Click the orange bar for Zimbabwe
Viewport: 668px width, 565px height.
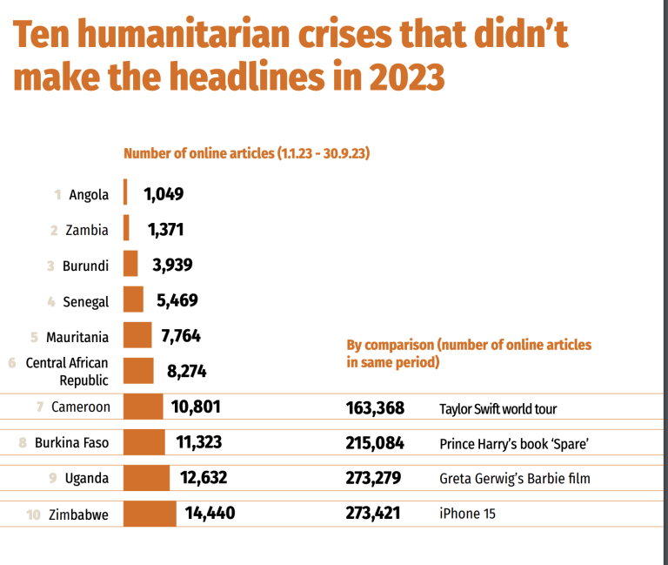(x=150, y=514)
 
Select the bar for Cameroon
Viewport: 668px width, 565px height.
(x=143, y=407)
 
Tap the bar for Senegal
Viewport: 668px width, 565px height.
(x=133, y=300)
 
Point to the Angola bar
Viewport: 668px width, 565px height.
(x=126, y=193)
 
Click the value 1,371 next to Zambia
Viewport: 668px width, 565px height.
(x=165, y=230)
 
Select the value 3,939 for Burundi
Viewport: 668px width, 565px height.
(x=172, y=266)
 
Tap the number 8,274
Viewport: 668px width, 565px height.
(x=186, y=372)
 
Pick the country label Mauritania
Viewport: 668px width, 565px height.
(x=77, y=337)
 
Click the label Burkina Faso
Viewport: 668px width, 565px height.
(x=71, y=443)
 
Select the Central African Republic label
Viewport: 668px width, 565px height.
(x=67, y=372)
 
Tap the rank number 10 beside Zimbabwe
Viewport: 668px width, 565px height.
(x=34, y=515)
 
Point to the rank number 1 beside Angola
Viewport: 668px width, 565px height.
(x=57, y=195)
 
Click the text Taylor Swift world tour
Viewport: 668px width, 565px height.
(x=498, y=408)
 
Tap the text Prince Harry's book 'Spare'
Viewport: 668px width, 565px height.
(x=515, y=444)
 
